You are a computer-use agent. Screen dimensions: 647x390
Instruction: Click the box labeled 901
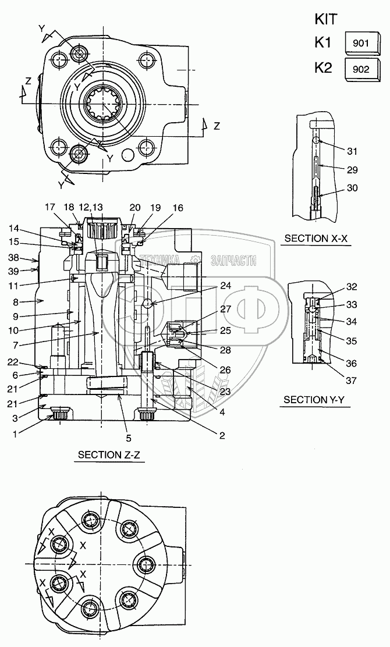pyautogui.click(x=361, y=43)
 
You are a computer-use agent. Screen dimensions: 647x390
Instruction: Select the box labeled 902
pyautogui.click(x=361, y=68)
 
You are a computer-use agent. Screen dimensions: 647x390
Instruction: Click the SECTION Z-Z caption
pyautogui.click(x=109, y=454)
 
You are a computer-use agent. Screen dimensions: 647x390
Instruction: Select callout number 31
pyautogui.click(x=352, y=151)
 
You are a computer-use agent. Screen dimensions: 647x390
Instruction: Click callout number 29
pyautogui.click(x=352, y=170)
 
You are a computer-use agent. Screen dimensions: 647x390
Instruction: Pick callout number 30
pyautogui.click(x=352, y=188)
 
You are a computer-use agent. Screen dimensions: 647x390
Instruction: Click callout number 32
pyautogui.click(x=352, y=286)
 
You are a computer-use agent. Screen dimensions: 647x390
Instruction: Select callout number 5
pyautogui.click(x=129, y=438)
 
